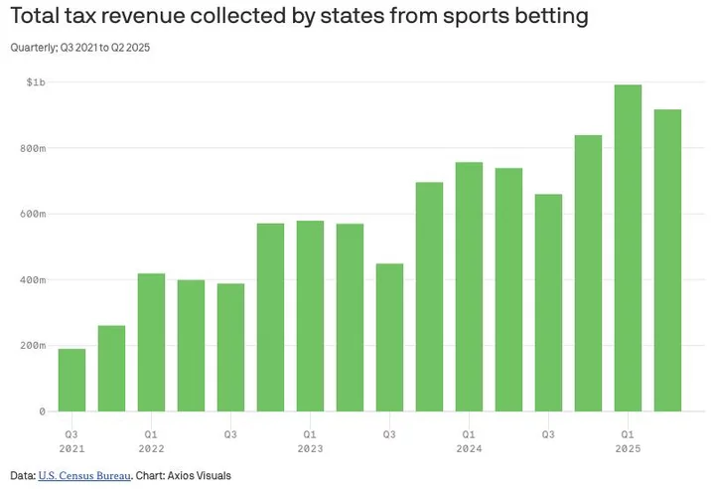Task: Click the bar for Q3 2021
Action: pos(71,380)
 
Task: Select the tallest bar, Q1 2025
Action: pos(628,247)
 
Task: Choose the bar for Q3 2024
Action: pos(548,302)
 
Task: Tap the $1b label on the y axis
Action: pos(35,82)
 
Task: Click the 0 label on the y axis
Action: pos(42,410)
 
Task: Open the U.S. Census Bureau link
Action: pos(84,476)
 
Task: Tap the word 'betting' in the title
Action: pos(538,17)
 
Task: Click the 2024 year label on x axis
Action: pos(469,448)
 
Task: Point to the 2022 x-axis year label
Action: pos(151,448)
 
